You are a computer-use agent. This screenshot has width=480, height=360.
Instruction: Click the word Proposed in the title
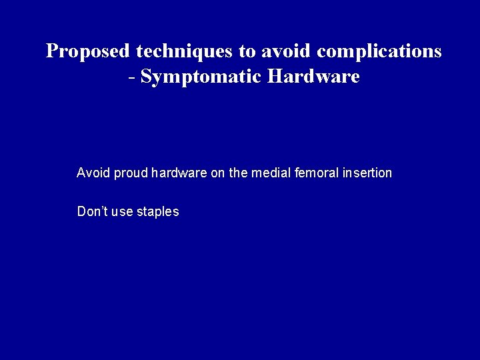pos(88,51)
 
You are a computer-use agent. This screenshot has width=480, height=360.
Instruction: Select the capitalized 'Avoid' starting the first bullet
pos(93,173)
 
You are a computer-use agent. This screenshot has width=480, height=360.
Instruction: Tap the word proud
pos(131,174)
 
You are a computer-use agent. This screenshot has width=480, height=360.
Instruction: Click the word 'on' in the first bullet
pos(217,174)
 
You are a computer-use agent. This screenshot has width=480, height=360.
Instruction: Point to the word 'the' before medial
pos(238,173)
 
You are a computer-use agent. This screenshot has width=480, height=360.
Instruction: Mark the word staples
pos(157,213)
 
